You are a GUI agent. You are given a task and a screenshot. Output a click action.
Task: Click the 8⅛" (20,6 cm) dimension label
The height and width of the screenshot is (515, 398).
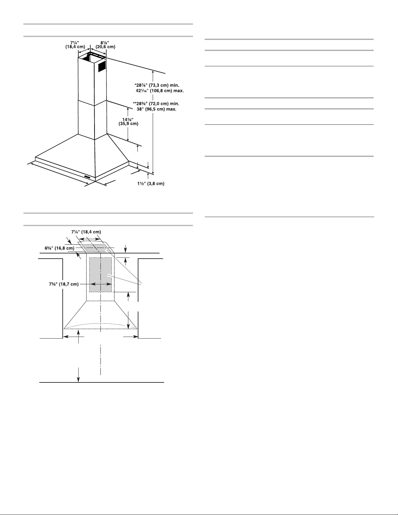coord(105,45)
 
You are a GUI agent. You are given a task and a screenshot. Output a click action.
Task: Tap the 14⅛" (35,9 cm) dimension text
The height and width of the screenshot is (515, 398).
coord(128,122)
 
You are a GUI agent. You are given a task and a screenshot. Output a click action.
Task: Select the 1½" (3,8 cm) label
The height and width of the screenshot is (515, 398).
coord(151,184)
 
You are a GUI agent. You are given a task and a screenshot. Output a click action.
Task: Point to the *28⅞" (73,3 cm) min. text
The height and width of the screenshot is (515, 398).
coord(157,85)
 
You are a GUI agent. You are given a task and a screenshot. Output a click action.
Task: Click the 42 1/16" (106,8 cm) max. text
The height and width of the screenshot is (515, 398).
coord(160,91)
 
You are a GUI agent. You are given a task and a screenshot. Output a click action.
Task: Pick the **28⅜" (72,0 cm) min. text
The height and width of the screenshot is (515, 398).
coord(156,104)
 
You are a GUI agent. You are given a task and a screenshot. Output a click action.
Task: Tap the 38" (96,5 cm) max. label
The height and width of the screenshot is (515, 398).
coord(156,109)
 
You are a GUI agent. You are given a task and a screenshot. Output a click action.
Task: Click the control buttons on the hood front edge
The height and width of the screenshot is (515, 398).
coord(87,176)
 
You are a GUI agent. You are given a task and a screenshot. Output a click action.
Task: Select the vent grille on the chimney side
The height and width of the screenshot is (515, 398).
coord(101,66)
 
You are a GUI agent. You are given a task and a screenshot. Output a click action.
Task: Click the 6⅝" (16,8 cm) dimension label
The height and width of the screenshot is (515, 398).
coord(59,248)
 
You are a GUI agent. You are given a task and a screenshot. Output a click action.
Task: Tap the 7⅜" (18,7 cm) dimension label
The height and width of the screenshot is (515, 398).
coord(64,284)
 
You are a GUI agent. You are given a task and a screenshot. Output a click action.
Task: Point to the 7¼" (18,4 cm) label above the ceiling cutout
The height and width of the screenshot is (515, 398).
coord(86,232)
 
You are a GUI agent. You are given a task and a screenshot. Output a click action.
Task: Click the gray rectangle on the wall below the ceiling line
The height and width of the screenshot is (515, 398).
coord(100,275)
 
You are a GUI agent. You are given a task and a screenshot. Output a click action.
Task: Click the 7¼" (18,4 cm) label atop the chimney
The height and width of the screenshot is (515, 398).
coord(75,45)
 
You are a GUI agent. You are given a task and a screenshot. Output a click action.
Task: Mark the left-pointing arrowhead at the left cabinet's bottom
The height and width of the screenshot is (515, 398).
coord(66,337)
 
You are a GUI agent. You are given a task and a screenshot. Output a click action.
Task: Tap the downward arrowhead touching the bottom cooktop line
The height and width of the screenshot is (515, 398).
coord(78,380)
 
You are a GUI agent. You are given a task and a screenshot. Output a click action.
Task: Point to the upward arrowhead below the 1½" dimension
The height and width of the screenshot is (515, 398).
coord(148,175)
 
